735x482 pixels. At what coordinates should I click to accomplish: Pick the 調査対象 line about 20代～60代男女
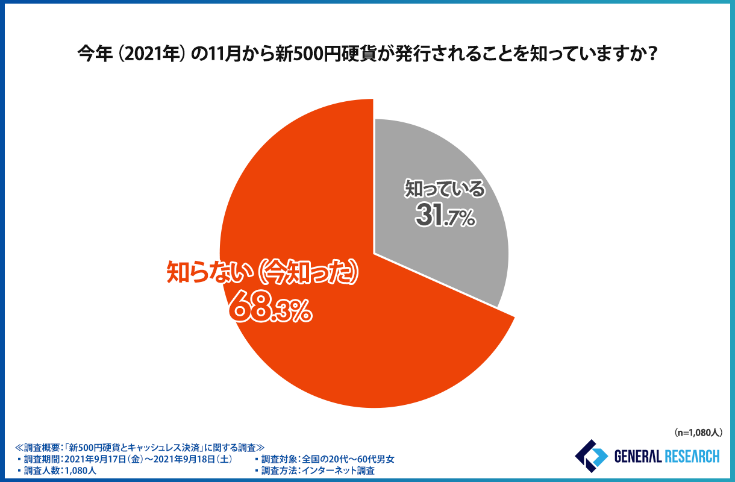coord(328,459)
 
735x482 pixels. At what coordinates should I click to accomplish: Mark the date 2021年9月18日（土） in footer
coord(195,459)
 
